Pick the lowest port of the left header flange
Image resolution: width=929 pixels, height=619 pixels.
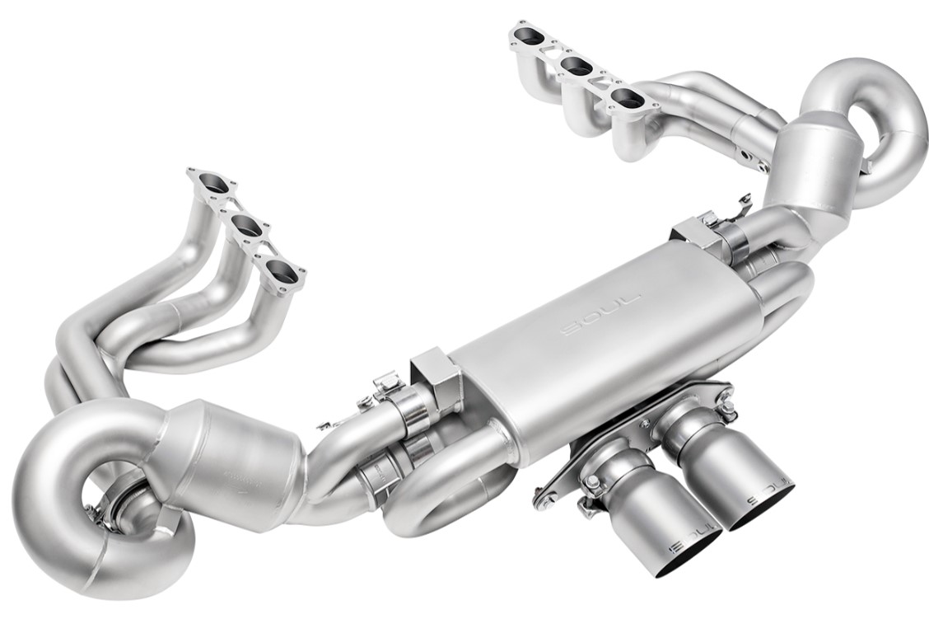tap(279, 268)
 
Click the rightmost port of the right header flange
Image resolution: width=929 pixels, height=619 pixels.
tap(625, 99)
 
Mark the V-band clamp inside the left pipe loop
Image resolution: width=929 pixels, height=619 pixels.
tap(122, 502)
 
